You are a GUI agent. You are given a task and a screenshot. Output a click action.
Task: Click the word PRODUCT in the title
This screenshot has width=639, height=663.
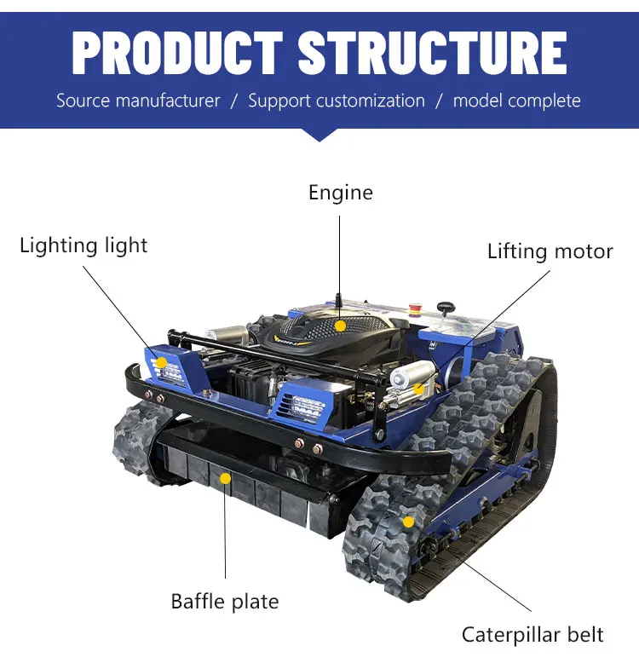click(177, 54)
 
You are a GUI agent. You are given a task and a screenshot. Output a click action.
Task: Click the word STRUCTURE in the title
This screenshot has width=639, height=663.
click(432, 54)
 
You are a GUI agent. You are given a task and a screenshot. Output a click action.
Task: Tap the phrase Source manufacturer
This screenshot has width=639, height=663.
click(138, 101)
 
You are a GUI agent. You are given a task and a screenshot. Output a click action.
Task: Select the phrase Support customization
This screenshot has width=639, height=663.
click(337, 101)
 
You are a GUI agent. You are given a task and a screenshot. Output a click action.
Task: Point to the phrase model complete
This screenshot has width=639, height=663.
click(517, 101)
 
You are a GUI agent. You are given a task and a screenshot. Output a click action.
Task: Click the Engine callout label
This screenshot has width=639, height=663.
click(341, 193)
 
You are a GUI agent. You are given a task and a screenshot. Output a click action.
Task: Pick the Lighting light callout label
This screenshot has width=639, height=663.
click(83, 246)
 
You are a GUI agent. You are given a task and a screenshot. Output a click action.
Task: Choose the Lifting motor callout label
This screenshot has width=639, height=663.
click(550, 251)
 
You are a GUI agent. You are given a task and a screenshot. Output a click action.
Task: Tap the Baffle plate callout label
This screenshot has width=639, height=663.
click(225, 602)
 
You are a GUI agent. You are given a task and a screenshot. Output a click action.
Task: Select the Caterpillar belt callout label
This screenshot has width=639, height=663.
click(532, 635)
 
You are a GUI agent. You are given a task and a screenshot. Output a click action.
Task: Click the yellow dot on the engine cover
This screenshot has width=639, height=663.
click(340, 326)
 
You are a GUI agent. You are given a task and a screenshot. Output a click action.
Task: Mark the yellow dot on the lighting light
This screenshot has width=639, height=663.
click(161, 362)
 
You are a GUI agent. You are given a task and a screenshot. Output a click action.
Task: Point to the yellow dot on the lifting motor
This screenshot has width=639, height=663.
click(418, 389)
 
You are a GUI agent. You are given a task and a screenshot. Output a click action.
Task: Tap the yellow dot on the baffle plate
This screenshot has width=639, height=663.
click(226, 479)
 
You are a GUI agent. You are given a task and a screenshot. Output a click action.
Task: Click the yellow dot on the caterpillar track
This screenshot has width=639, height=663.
click(408, 522)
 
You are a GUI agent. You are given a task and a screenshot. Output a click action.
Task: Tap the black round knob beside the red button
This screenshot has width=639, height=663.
click(446, 308)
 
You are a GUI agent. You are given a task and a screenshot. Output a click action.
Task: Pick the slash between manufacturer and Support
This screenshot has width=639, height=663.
click(234, 101)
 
